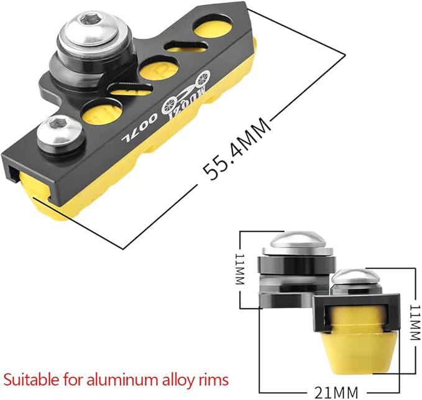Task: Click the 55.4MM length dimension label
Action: (x=236, y=148)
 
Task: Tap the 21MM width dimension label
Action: (x=336, y=392)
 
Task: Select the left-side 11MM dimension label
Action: (x=239, y=269)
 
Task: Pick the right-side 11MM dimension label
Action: (x=415, y=323)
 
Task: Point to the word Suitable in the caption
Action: (x=32, y=380)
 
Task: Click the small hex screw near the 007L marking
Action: (x=60, y=131)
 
